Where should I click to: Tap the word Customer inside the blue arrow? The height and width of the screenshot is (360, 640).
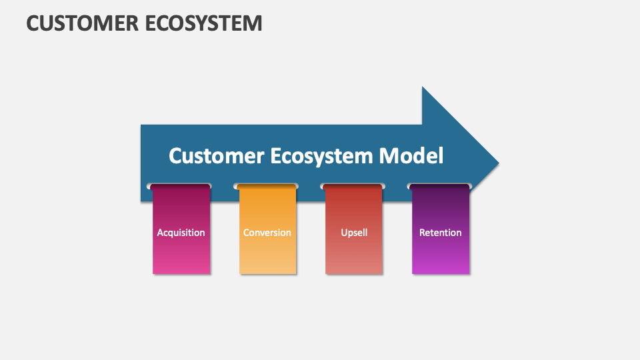click(x=217, y=156)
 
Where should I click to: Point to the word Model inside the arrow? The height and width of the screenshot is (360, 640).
click(x=411, y=156)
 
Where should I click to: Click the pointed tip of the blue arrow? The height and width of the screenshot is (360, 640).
click(x=497, y=163)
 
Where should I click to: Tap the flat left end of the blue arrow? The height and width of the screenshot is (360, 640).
click(x=142, y=163)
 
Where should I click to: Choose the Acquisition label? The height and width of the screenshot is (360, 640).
click(x=181, y=233)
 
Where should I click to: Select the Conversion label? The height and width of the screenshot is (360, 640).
click(x=267, y=233)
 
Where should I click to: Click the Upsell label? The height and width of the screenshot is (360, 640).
click(x=354, y=233)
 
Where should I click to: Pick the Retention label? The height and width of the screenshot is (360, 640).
click(x=440, y=233)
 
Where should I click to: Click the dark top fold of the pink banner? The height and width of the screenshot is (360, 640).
click(x=181, y=187)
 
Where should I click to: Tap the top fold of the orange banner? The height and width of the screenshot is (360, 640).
click(x=267, y=187)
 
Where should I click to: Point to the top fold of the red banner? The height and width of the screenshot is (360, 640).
click(x=353, y=187)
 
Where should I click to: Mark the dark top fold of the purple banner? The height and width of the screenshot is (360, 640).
click(x=440, y=187)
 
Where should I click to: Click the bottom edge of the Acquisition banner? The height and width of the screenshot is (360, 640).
click(x=181, y=273)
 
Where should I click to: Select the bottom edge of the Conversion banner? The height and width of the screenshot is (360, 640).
click(x=267, y=273)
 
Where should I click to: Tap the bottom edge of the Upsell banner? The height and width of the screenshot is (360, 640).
click(x=354, y=273)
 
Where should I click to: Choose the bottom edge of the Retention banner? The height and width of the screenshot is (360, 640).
click(x=440, y=273)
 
